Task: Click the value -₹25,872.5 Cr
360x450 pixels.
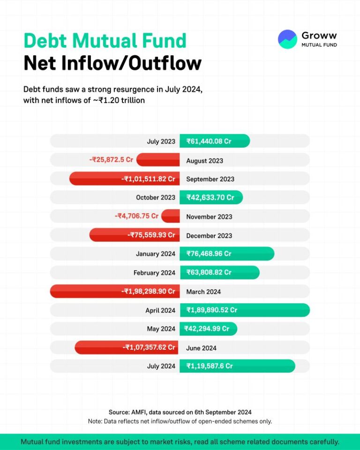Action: click(x=112, y=160)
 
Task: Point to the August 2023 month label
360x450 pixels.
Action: click(x=204, y=161)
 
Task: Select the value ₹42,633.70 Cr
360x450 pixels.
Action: click(x=210, y=197)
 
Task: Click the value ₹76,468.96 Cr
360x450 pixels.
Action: click(x=209, y=254)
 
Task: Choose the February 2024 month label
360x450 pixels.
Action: click(x=154, y=273)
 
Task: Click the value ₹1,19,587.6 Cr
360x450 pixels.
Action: click(x=209, y=366)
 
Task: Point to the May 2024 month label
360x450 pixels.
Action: click(x=161, y=329)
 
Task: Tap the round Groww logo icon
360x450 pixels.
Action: click(x=287, y=39)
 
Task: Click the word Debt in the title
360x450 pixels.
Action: click(x=46, y=41)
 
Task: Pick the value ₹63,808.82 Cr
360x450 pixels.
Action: click(x=209, y=272)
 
